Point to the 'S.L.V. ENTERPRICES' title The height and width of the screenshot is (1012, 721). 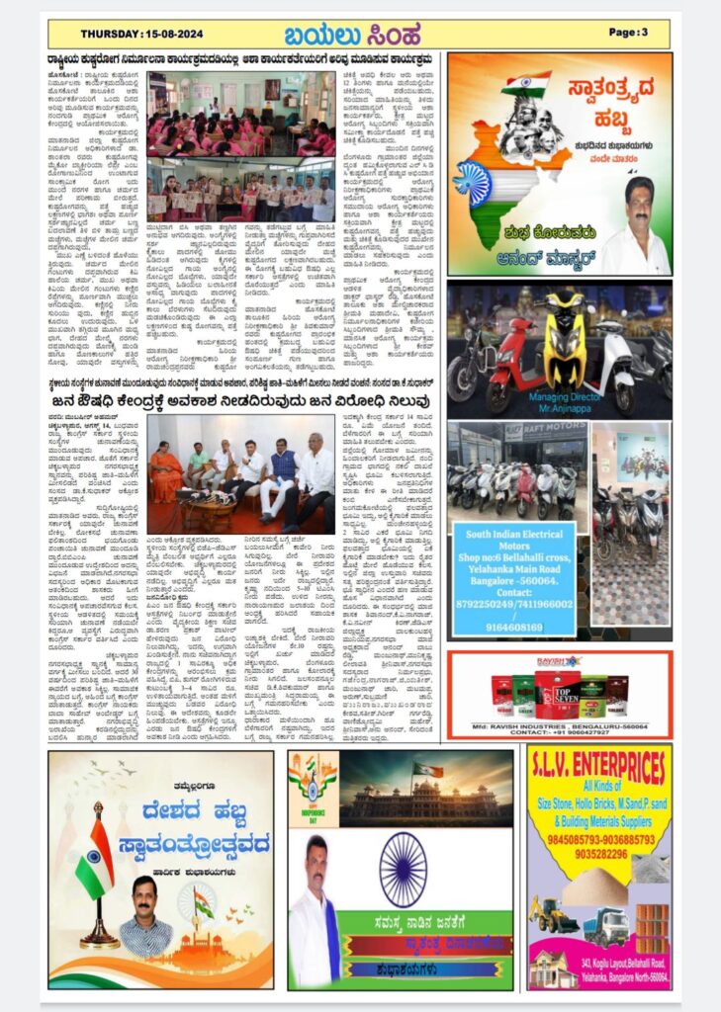point(599,765)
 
